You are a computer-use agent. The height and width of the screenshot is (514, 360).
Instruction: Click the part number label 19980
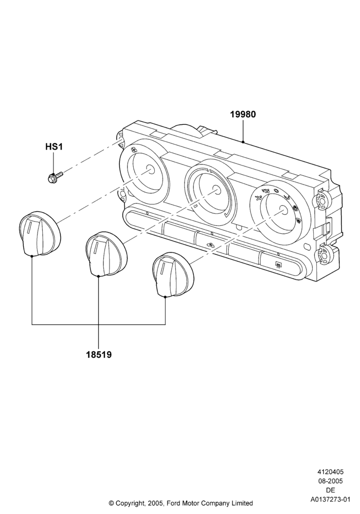coord(243,115)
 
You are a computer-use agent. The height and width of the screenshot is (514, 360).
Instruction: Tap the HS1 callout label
coord(54,146)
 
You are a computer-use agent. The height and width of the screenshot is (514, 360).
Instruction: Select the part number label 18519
coord(99,354)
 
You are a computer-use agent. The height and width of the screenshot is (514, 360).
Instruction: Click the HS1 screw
coord(55,177)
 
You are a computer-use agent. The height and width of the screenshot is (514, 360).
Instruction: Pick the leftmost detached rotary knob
coord(40,233)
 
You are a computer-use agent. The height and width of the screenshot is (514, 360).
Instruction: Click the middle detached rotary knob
coord(105,254)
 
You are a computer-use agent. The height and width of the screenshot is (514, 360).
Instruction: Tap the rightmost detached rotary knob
coord(173,274)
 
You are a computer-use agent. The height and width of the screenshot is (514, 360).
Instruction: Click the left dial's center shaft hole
coord(151,169)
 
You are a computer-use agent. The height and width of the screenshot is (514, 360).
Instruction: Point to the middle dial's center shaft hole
coord(215,190)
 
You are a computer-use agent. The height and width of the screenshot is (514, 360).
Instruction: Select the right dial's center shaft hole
coord(282,209)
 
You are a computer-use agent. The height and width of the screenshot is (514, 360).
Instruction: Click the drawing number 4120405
coord(330,472)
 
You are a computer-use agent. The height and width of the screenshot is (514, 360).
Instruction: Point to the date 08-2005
coord(330,481)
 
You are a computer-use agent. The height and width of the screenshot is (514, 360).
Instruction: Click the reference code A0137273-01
coord(330,500)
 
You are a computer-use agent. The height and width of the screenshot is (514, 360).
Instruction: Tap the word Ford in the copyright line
coord(174,503)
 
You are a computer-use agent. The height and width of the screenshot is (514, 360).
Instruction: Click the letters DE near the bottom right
coord(331,490)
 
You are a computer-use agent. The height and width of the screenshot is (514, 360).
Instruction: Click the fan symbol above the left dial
coord(133,150)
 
